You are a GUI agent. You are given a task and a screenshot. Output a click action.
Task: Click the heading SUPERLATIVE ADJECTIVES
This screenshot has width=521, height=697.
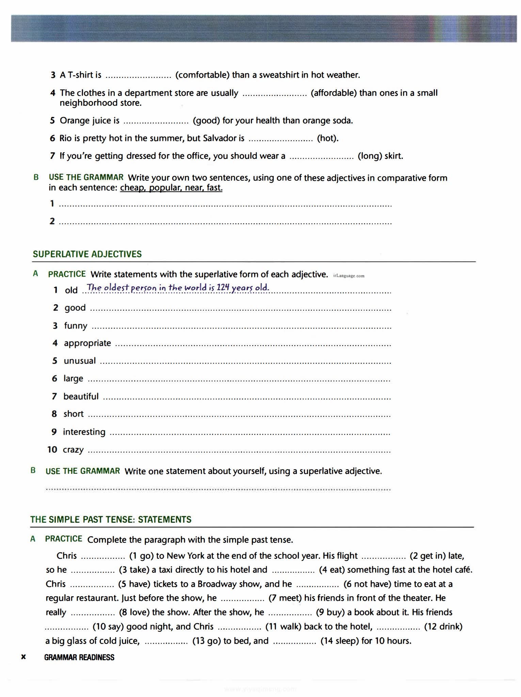(x=87, y=254)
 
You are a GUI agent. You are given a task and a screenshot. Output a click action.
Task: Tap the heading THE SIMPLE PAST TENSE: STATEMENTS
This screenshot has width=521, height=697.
(x=111, y=520)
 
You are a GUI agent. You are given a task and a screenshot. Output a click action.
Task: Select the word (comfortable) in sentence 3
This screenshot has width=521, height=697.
(x=202, y=75)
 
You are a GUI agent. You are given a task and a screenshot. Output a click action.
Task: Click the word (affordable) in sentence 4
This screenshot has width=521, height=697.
(x=334, y=93)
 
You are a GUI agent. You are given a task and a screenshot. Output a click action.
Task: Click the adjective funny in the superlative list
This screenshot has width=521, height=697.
(x=76, y=326)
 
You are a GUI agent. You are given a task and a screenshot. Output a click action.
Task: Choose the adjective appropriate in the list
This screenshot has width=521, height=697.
(x=88, y=343)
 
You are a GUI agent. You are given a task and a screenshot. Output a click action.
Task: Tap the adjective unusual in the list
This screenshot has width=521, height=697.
(x=80, y=361)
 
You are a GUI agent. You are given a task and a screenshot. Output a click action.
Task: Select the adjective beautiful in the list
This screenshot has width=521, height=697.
(x=81, y=396)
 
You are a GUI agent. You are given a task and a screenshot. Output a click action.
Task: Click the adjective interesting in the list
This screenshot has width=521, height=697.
(x=84, y=432)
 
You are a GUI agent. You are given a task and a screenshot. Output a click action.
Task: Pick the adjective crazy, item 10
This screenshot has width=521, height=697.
(x=73, y=450)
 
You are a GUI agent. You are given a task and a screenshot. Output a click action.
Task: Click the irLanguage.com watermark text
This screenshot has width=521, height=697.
(x=349, y=276)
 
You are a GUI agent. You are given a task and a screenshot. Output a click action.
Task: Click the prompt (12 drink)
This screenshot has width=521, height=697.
(x=443, y=627)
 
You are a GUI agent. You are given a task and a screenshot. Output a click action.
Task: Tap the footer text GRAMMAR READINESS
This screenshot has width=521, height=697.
(x=79, y=658)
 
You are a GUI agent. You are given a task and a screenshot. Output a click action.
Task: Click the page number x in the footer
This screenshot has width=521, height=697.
(x=23, y=657)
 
